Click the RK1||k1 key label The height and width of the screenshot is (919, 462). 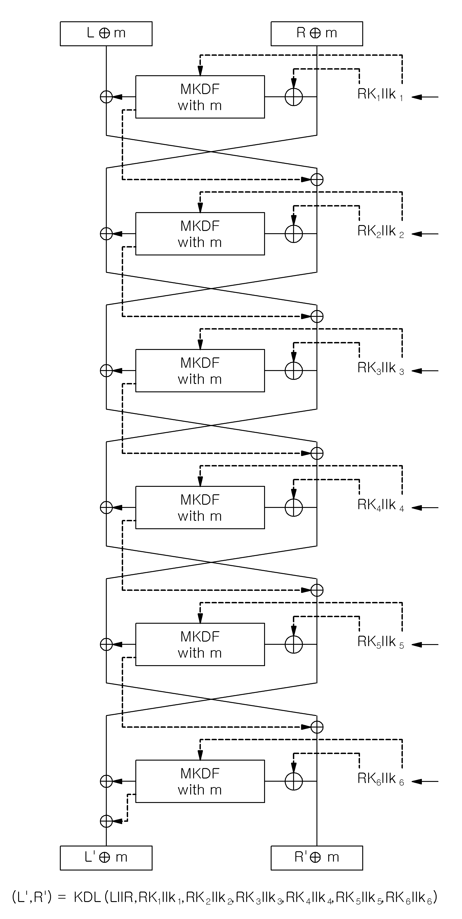click(x=381, y=95)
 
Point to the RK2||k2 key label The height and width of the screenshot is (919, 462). click(x=381, y=232)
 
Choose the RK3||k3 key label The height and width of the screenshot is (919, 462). click(x=381, y=369)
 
